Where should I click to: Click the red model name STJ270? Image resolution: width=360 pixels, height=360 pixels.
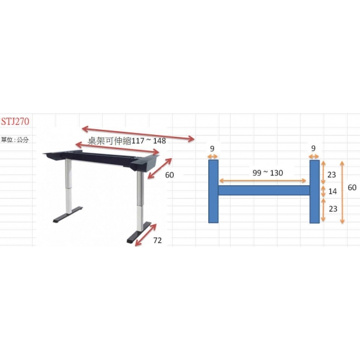pyautogui.click(x=15, y=122)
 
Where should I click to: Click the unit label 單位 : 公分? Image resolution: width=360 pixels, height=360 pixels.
pyautogui.click(x=15, y=139)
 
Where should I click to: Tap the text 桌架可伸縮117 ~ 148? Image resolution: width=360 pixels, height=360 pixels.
pyautogui.click(x=127, y=141)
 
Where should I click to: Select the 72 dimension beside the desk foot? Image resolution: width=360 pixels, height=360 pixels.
pyautogui.click(x=157, y=240)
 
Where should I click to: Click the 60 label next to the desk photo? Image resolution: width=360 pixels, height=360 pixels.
pyautogui.click(x=170, y=175)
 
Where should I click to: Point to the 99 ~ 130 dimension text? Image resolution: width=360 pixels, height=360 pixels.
pyautogui.click(x=267, y=173)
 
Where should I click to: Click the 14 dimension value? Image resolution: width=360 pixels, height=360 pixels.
pyautogui.click(x=332, y=192)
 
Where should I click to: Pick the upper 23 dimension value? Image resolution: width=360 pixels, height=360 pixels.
pyautogui.click(x=332, y=175)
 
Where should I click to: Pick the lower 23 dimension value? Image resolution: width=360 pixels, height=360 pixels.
pyautogui.click(x=333, y=209)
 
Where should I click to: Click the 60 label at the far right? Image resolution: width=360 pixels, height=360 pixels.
pyautogui.click(x=352, y=187)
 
